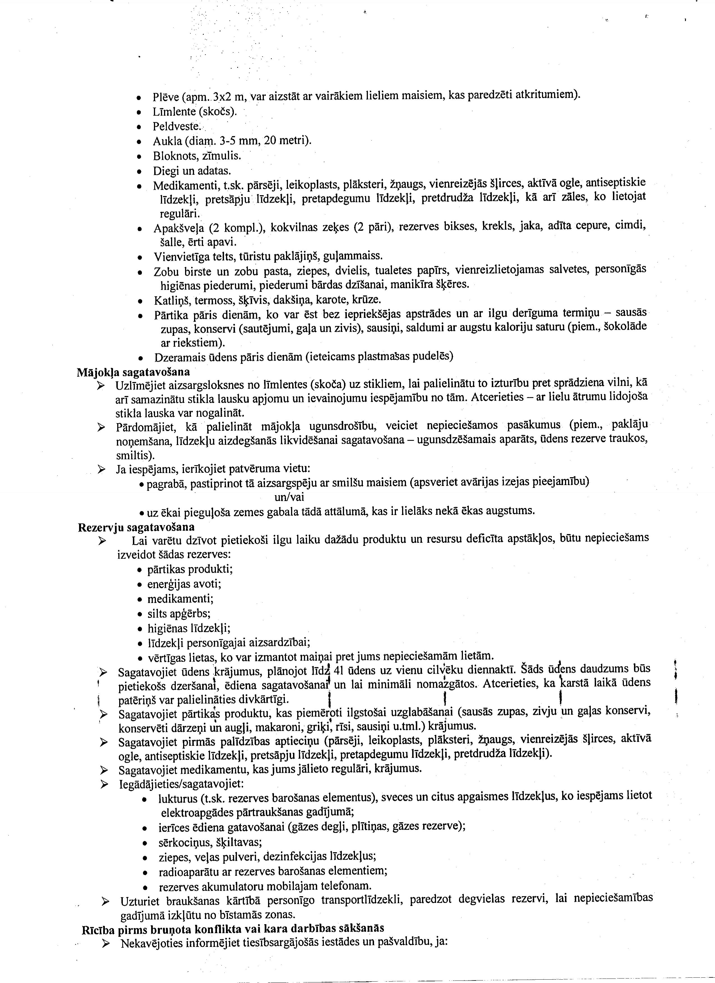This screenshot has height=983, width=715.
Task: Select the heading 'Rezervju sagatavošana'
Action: coord(136,527)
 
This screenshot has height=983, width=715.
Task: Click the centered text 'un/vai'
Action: coord(289,497)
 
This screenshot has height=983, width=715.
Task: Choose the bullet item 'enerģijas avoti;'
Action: coord(184,584)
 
